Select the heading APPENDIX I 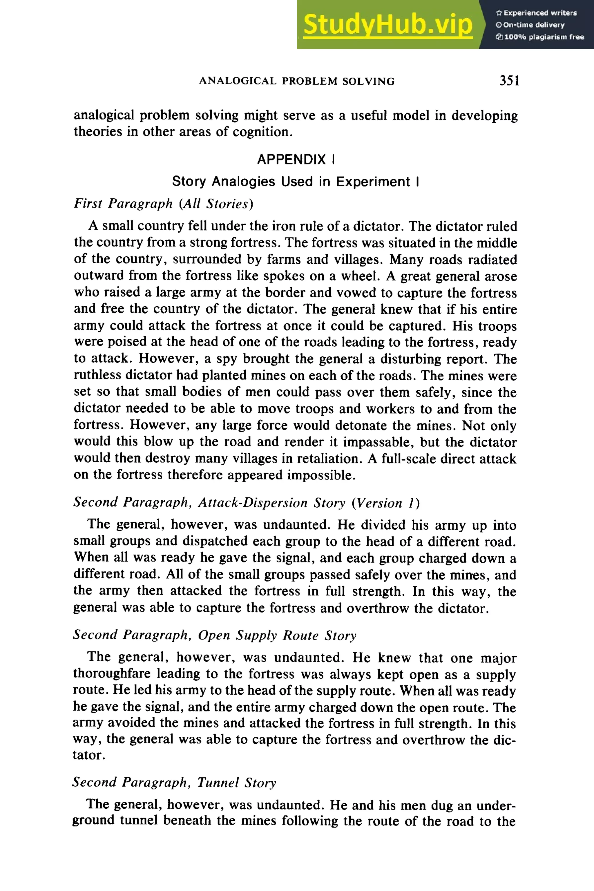pyautogui.click(x=296, y=160)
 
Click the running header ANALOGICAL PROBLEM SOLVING pyautogui.click(x=297, y=82)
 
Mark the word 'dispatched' pyautogui.click(x=215, y=541)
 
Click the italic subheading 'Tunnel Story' pyautogui.click(x=237, y=783)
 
